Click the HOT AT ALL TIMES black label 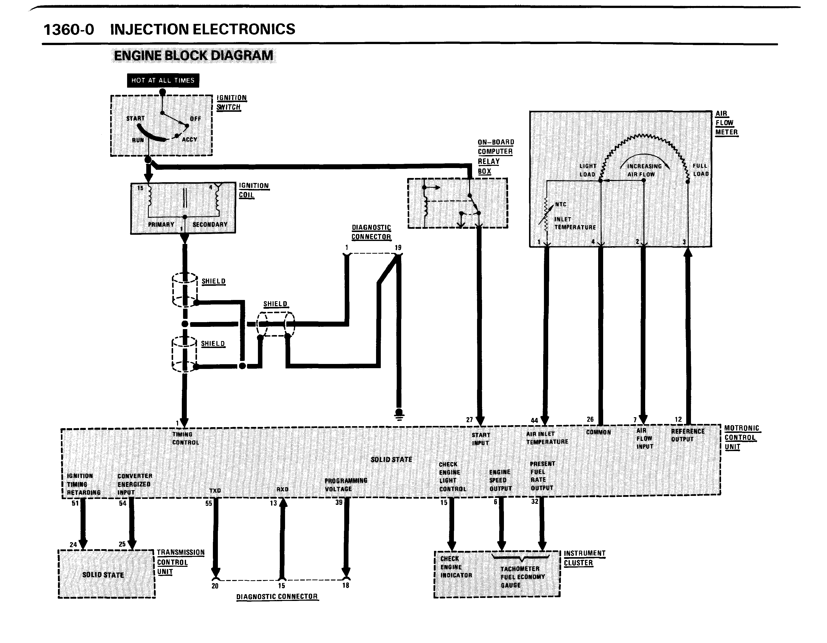(163, 80)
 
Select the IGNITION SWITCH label (231, 102)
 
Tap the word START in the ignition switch (135, 118)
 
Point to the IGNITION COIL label (253, 190)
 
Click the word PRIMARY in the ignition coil (161, 224)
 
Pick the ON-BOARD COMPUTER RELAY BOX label (495, 157)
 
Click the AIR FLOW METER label (726, 123)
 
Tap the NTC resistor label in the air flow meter (560, 204)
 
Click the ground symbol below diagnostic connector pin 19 (399, 414)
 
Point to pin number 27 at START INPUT (470, 420)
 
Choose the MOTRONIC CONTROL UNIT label (741, 437)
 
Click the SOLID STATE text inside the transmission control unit (103, 575)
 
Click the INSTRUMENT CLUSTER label (584, 558)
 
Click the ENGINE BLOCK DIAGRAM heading (194, 55)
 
